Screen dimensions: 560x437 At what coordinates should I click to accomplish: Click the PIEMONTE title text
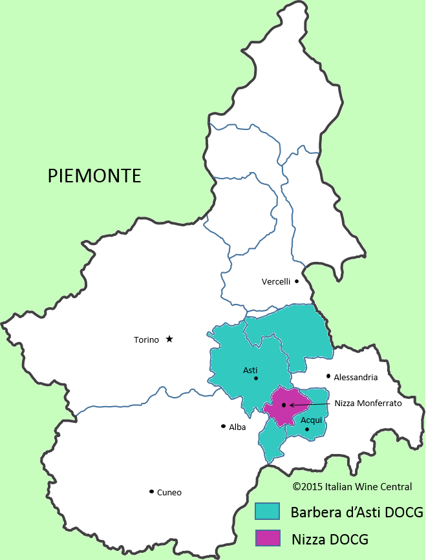[94, 175]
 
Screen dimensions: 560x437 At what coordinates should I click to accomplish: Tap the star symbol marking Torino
[169, 339]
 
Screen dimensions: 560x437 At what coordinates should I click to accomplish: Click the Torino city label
[146, 339]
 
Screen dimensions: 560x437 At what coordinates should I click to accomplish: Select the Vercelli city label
[276, 281]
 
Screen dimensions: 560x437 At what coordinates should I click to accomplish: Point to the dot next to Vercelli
[297, 281]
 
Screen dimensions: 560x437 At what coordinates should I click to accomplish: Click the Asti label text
[250, 370]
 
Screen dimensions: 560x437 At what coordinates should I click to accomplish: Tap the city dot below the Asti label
[256, 378]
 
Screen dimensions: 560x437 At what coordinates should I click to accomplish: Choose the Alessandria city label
[356, 377]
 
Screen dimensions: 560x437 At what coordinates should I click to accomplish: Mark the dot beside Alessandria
[328, 376]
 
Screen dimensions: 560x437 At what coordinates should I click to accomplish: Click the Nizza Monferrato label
[368, 403]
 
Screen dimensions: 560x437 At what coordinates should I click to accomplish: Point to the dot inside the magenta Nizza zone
[284, 405]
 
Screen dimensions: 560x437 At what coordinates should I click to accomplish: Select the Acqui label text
[312, 420]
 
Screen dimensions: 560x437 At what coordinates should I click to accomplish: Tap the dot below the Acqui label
[307, 429]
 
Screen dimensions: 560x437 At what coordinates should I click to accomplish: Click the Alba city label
[237, 427]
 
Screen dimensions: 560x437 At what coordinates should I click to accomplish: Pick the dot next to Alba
[223, 426]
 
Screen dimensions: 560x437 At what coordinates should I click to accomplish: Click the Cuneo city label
[169, 492]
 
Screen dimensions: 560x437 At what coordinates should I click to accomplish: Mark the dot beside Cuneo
[151, 491]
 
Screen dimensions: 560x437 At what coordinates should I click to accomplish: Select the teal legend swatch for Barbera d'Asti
[267, 512]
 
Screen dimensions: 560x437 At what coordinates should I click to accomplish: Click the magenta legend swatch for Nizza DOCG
[267, 537]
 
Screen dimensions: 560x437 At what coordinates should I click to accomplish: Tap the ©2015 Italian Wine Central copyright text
[352, 486]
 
